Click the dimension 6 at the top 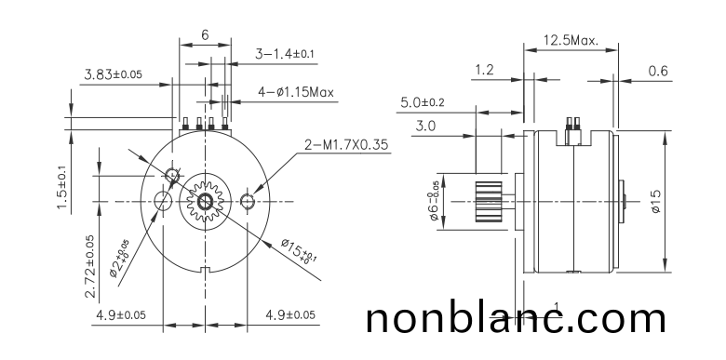coord(204,35)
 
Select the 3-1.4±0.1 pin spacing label coord(286,55)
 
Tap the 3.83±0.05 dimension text coord(113,74)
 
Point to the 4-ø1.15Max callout coord(295,92)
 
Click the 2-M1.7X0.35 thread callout coord(345,145)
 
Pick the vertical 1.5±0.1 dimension coord(62,188)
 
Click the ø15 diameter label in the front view coord(299,251)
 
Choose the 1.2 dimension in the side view coord(485,70)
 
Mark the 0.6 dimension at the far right coord(658,70)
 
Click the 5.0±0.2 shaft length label coord(423,101)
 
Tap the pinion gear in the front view coord(204,202)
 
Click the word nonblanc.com coord(516,318)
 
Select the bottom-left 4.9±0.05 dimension coord(120,314)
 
